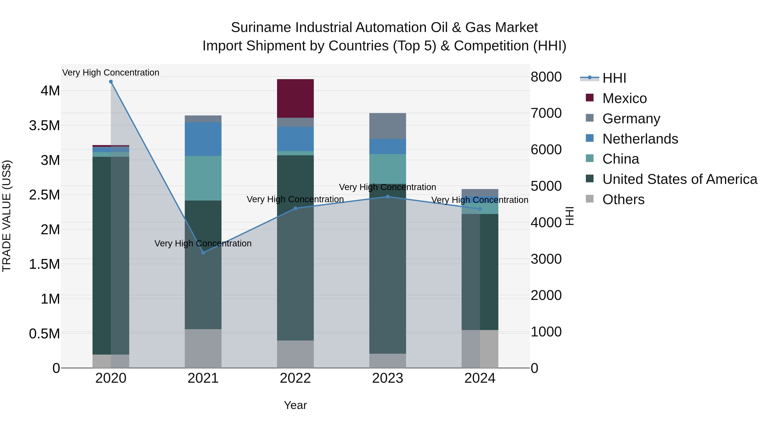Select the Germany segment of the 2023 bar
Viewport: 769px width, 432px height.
(387, 126)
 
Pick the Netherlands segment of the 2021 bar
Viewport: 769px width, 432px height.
(203, 139)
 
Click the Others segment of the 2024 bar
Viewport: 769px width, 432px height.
(480, 349)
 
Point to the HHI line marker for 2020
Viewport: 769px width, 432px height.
(111, 82)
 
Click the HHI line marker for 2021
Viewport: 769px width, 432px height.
(203, 253)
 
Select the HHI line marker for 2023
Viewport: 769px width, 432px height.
(387, 197)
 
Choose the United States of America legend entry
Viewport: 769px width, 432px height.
(679, 179)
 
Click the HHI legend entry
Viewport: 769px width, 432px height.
(614, 78)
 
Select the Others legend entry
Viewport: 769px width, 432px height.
(623, 199)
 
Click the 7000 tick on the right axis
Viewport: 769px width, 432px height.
(546, 113)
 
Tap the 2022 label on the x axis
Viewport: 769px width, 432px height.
(295, 378)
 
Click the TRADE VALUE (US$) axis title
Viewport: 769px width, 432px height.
(7, 216)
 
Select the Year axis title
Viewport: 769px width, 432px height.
(295, 405)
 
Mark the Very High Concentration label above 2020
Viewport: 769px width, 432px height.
(111, 73)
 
